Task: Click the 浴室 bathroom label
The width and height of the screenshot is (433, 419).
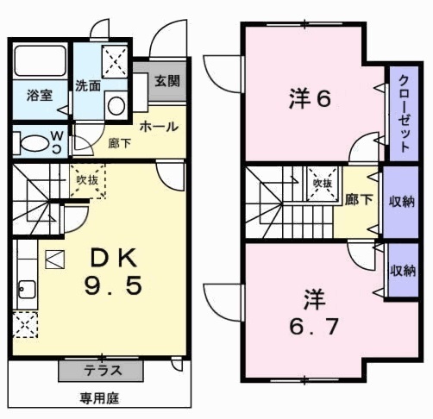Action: point(40,95)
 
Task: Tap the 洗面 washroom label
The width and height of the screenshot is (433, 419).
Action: point(88,86)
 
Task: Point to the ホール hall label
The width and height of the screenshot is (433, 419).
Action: point(159,126)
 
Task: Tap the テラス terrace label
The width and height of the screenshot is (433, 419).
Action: point(101,372)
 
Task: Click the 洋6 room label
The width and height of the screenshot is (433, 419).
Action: point(308,99)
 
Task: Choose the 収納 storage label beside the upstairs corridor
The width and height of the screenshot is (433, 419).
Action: point(401,202)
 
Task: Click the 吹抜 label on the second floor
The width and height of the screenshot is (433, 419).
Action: point(323,184)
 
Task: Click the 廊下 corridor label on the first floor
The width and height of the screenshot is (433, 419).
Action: point(119,143)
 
